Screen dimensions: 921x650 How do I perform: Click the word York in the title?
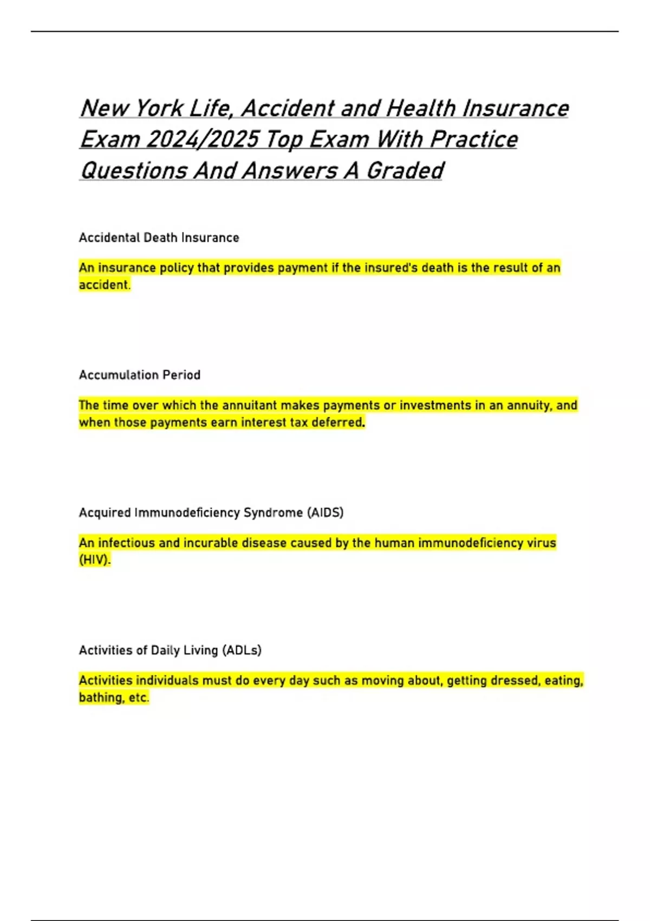pyautogui.click(x=159, y=108)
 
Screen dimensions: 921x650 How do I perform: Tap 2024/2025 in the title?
pyautogui.click(x=201, y=140)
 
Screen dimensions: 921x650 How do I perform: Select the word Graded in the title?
pyautogui.click(x=405, y=171)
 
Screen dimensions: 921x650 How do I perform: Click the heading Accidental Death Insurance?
pyautogui.click(x=159, y=238)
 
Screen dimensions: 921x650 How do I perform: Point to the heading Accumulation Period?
pyautogui.click(x=140, y=375)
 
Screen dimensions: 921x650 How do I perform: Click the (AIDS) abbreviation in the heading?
pyautogui.click(x=325, y=513)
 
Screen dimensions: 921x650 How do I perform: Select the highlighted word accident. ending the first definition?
pyautogui.click(x=105, y=285)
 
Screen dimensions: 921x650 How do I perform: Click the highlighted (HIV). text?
pyautogui.click(x=95, y=560)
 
